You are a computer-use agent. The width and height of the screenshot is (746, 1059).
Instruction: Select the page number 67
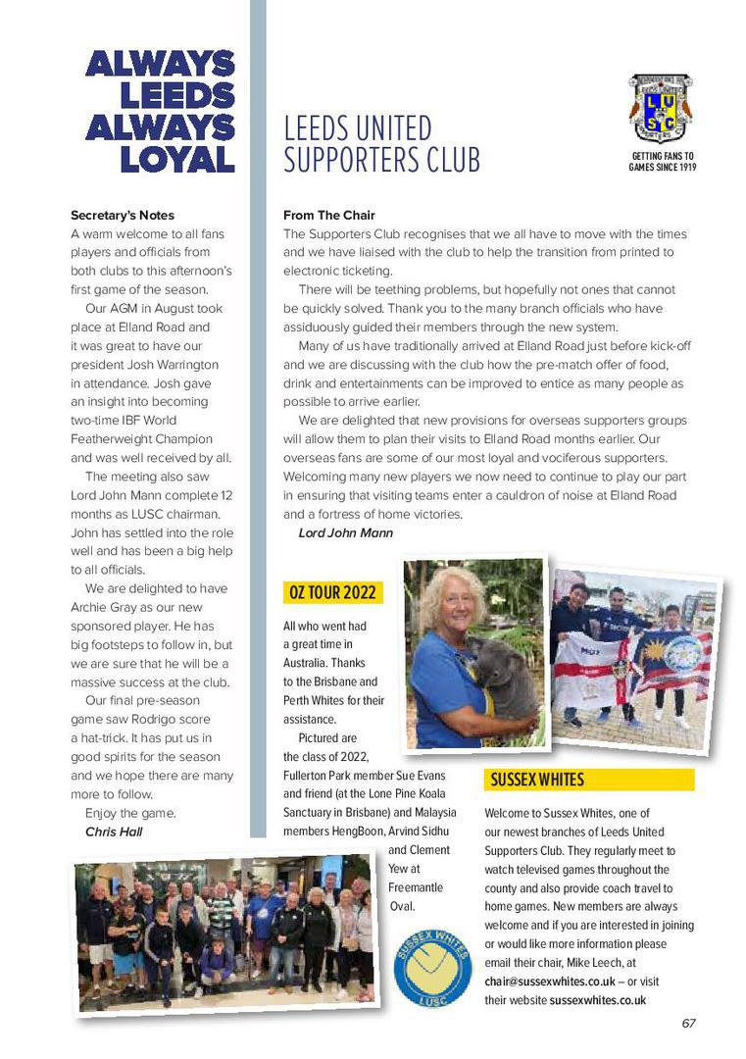pos(688,1023)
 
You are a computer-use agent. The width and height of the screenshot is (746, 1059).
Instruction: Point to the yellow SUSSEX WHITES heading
pos(537,780)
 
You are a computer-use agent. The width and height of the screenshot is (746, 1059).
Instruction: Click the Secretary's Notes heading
pos(123,215)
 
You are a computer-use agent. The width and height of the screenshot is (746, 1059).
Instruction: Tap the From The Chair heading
pos(329,215)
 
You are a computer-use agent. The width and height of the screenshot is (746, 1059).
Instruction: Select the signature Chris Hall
pos(114,832)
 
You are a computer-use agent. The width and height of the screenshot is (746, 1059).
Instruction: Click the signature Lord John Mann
pos(345,532)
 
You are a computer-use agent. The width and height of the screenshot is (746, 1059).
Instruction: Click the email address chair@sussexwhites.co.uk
pos(550,981)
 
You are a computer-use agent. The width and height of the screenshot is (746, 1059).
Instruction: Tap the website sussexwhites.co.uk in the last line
pos(597,1000)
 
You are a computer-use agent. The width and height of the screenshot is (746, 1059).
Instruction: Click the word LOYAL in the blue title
pos(177,159)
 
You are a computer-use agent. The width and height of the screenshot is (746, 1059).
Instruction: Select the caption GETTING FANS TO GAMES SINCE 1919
pos(662,162)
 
